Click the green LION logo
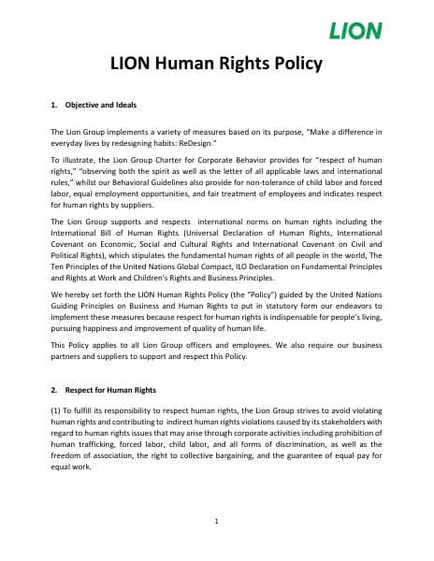tap(355, 32)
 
